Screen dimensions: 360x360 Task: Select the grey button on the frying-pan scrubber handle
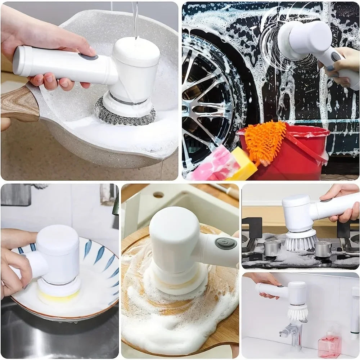click(88, 57)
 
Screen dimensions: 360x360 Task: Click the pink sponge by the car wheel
click(214, 166)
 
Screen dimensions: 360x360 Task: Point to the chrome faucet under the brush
click(293, 333)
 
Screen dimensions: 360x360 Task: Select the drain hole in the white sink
click(158, 195)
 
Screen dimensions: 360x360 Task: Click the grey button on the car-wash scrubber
click(336, 57)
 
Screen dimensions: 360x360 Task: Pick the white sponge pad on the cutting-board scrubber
click(176, 279)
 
